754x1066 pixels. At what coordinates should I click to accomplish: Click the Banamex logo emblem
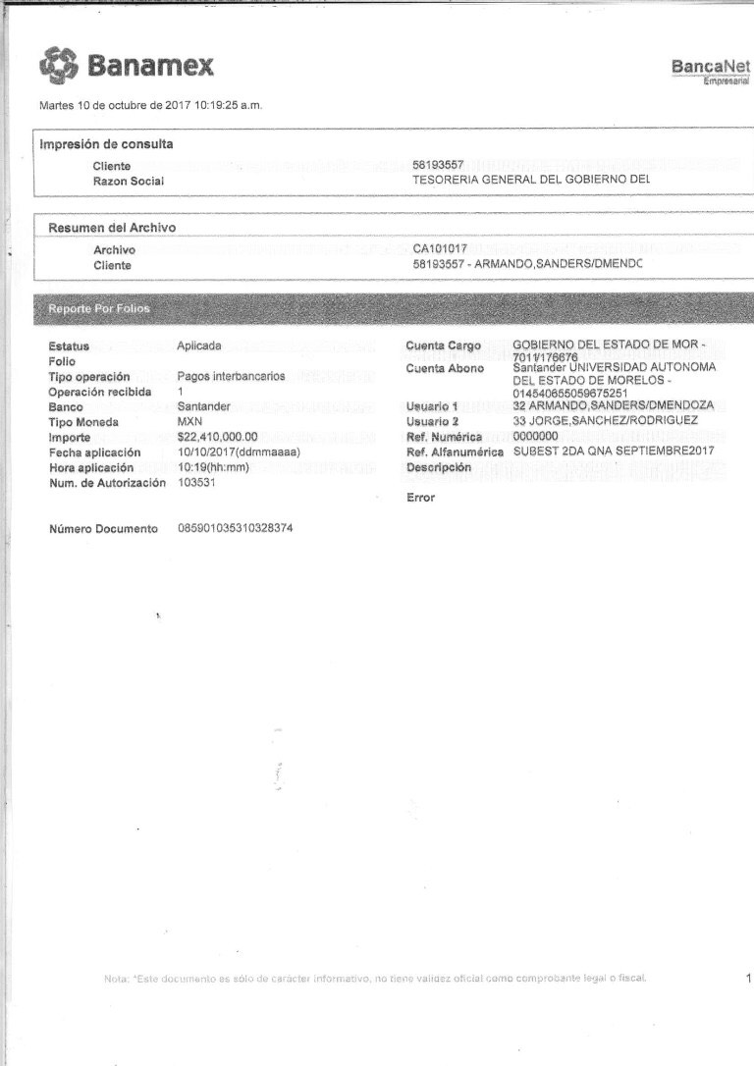58,66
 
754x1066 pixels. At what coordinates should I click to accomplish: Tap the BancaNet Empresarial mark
711,71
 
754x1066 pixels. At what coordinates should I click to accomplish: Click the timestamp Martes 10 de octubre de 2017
150,105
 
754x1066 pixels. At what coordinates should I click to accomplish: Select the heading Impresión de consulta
106,144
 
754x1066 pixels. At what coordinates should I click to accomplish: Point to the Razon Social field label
129,182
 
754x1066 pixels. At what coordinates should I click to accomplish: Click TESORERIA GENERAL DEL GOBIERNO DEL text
531,181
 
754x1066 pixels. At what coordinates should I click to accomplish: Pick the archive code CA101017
441,249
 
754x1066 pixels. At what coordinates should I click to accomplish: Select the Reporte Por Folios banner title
99,309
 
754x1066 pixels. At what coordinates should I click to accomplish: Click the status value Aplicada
199,346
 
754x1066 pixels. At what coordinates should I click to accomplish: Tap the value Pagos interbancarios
231,376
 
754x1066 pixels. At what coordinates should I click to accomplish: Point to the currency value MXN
189,422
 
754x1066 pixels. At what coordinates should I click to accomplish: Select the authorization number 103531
196,482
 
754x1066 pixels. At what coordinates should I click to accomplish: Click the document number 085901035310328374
235,529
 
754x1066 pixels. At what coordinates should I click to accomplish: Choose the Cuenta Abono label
445,368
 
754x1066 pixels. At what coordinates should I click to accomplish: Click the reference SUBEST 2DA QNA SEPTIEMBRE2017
614,452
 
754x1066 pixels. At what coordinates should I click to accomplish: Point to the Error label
420,498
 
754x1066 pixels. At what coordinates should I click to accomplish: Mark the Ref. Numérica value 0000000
535,436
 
